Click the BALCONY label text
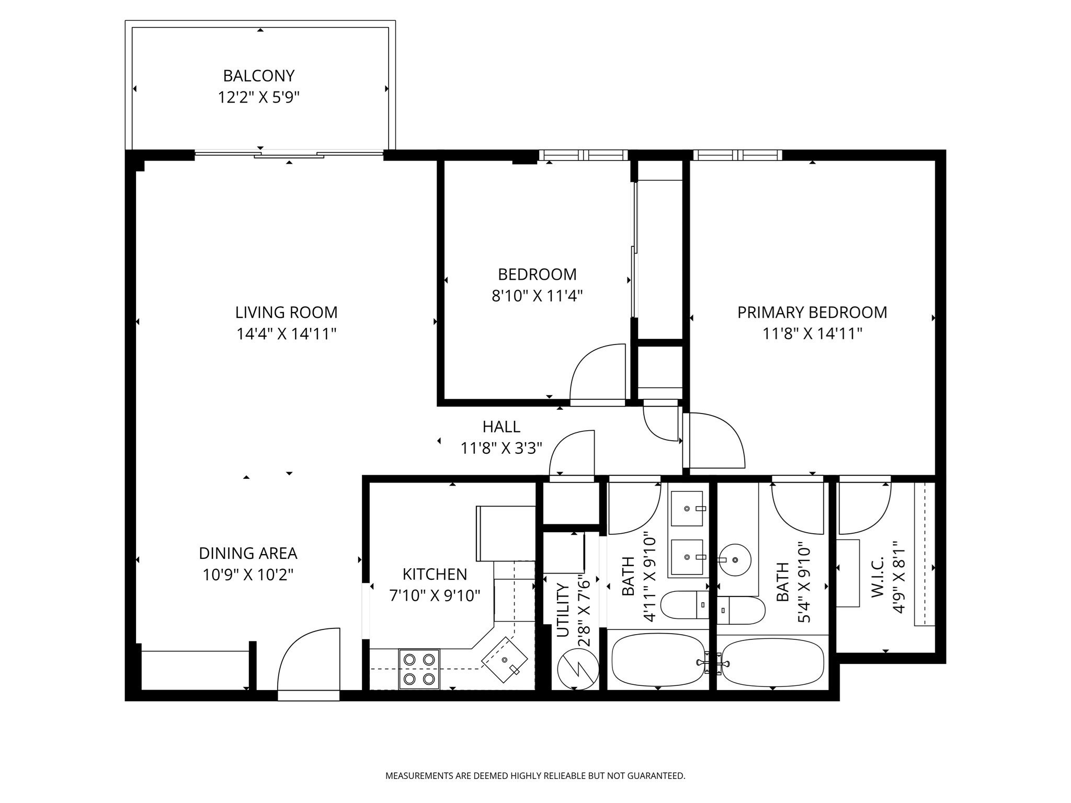[259, 76]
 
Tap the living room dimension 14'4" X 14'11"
[286, 334]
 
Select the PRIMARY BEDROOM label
[812, 312]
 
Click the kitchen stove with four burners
[419, 669]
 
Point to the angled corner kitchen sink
[505, 660]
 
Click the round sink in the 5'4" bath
[735, 560]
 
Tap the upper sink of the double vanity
[687, 508]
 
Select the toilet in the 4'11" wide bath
[685, 605]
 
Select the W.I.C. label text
[877, 576]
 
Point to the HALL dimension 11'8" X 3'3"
[501, 448]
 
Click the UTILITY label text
[563, 610]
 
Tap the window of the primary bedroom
[737, 155]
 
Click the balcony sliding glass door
[289, 154]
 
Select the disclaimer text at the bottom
[535, 776]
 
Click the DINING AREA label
[248, 553]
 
